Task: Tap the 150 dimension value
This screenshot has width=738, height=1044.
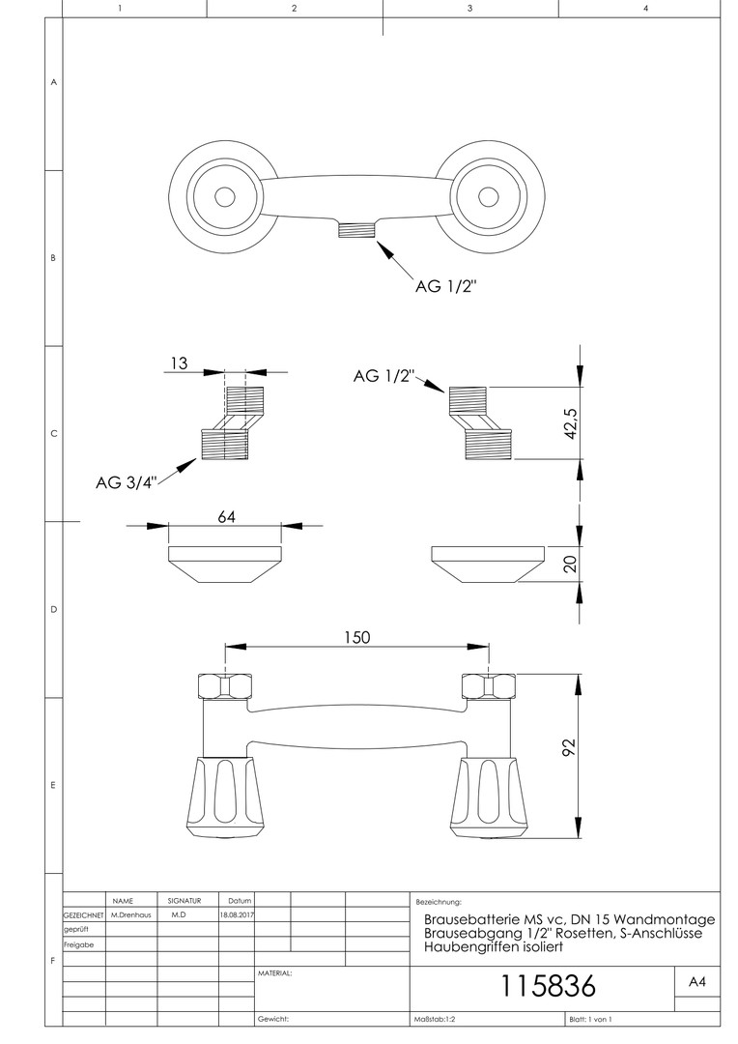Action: (355, 637)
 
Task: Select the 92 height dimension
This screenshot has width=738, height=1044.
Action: (570, 747)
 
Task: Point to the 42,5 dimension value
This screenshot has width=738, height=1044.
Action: (571, 422)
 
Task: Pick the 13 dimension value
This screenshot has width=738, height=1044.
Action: (178, 363)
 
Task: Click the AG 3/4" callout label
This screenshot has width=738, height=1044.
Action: (126, 483)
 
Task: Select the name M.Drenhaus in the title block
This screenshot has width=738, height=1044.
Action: (130, 913)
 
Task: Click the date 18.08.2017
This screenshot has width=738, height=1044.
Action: (237, 913)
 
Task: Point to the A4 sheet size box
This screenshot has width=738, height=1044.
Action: (696, 982)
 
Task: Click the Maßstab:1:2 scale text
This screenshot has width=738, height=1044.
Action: (435, 1019)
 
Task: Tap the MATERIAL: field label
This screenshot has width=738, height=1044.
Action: (275, 973)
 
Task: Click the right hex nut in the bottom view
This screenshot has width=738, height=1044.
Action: (486, 686)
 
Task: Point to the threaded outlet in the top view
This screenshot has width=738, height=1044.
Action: (356, 230)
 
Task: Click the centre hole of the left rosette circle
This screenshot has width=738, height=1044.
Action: (224, 197)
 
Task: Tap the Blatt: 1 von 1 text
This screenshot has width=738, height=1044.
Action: (590, 1019)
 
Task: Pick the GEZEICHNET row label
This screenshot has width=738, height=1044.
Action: (83, 913)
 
